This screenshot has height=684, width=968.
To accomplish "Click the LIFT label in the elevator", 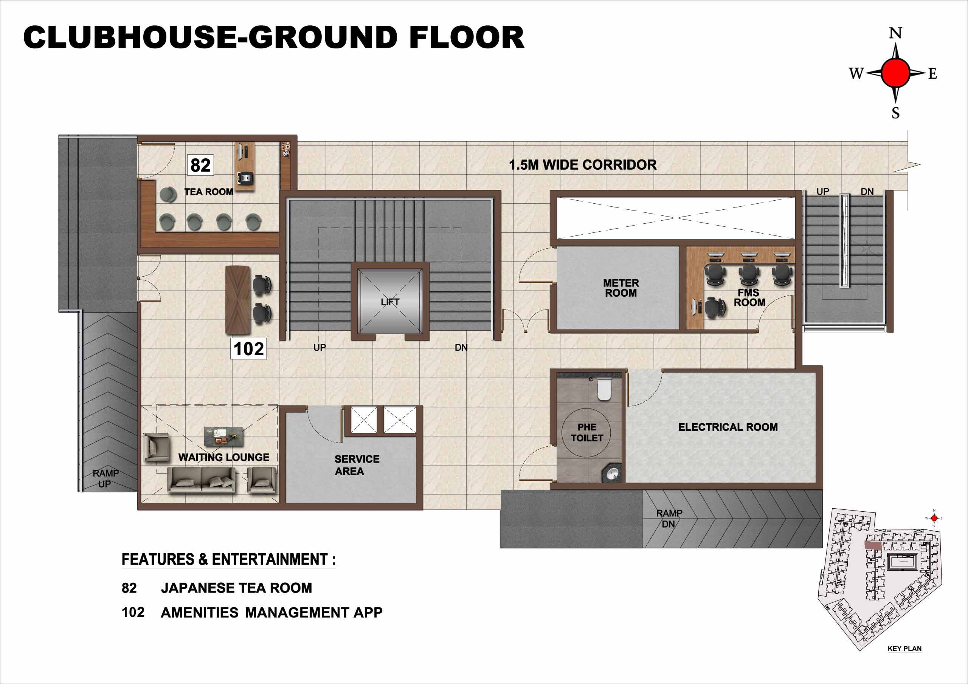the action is pos(390,302).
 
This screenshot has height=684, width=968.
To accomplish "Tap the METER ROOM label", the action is pos(621,288).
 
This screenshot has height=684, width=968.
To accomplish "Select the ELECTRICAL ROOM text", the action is pos(728,427).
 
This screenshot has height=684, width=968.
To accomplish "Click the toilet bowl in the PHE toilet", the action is pos(604,389).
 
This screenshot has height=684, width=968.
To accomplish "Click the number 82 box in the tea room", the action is pos(200,165).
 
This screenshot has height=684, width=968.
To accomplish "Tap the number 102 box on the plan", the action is pos(249,348).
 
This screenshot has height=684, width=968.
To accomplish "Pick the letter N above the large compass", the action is pos(895,33).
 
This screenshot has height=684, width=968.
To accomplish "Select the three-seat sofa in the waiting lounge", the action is pos(202,480).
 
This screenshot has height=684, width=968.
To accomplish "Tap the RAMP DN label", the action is pos(669,519).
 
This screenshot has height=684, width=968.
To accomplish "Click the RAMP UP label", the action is pos(106,478).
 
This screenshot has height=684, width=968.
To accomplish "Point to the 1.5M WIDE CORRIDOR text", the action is pos(583,165).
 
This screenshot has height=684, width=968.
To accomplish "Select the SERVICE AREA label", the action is pos(357,465).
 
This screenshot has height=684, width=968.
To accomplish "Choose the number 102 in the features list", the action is pos(133,612).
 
